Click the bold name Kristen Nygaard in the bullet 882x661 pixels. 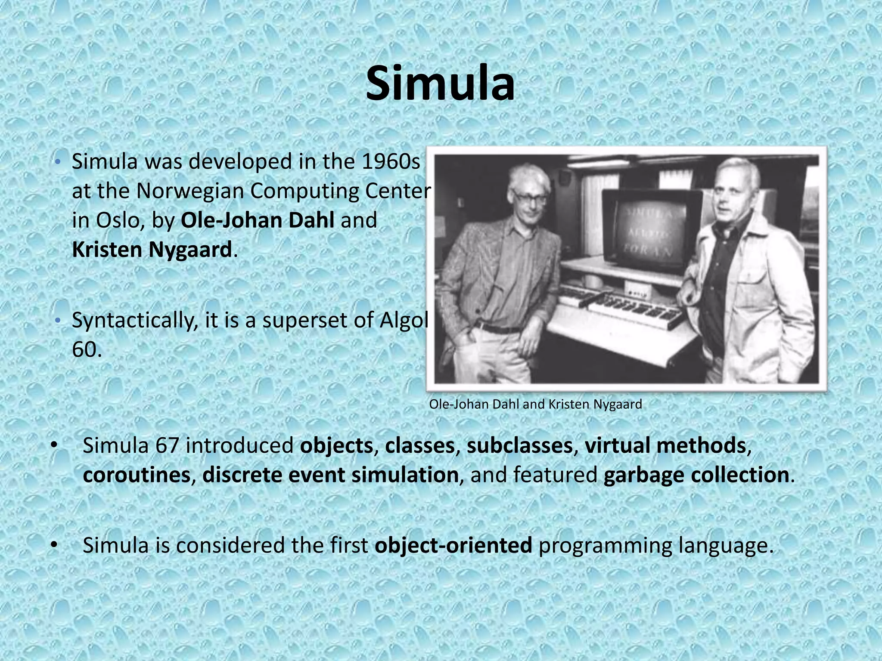(x=152, y=250)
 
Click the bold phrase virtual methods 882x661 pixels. (x=665, y=446)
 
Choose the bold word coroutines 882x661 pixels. (x=136, y=476)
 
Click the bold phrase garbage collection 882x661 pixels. (x=696, y=476)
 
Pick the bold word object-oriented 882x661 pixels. (x=453, y=546)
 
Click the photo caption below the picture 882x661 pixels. (x=535, y=405)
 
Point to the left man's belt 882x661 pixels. (x=500, y=329)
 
